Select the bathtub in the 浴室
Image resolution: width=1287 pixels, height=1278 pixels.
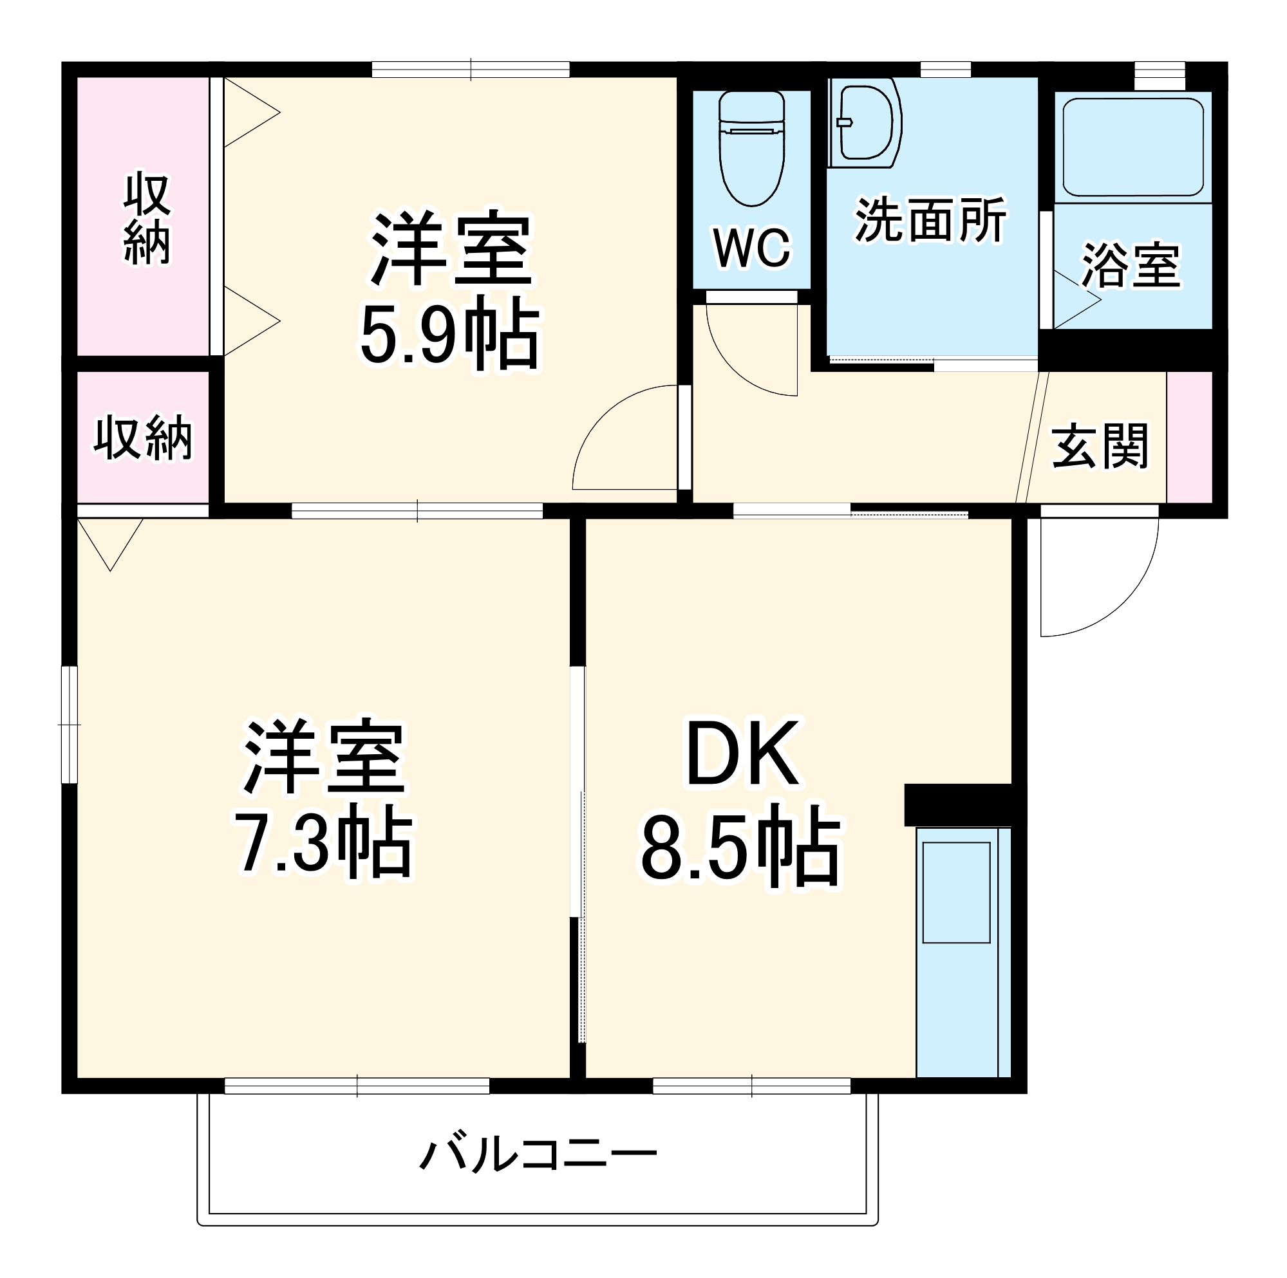tap(1132, 147)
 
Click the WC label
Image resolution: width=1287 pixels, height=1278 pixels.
tap(752, 248)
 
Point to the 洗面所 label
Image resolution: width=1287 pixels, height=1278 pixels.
tap(930, 221)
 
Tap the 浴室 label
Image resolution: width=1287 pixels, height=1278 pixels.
tap(1131, 265)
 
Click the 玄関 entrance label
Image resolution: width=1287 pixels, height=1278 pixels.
tap(1100, 445)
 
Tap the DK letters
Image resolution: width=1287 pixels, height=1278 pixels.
tap(743, 755)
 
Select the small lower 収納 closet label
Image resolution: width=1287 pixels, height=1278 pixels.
tap(143, 438)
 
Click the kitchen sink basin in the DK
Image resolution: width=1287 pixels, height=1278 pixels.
tap(956, 893)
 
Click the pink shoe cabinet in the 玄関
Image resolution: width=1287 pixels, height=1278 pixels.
tap(1189, 437)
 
